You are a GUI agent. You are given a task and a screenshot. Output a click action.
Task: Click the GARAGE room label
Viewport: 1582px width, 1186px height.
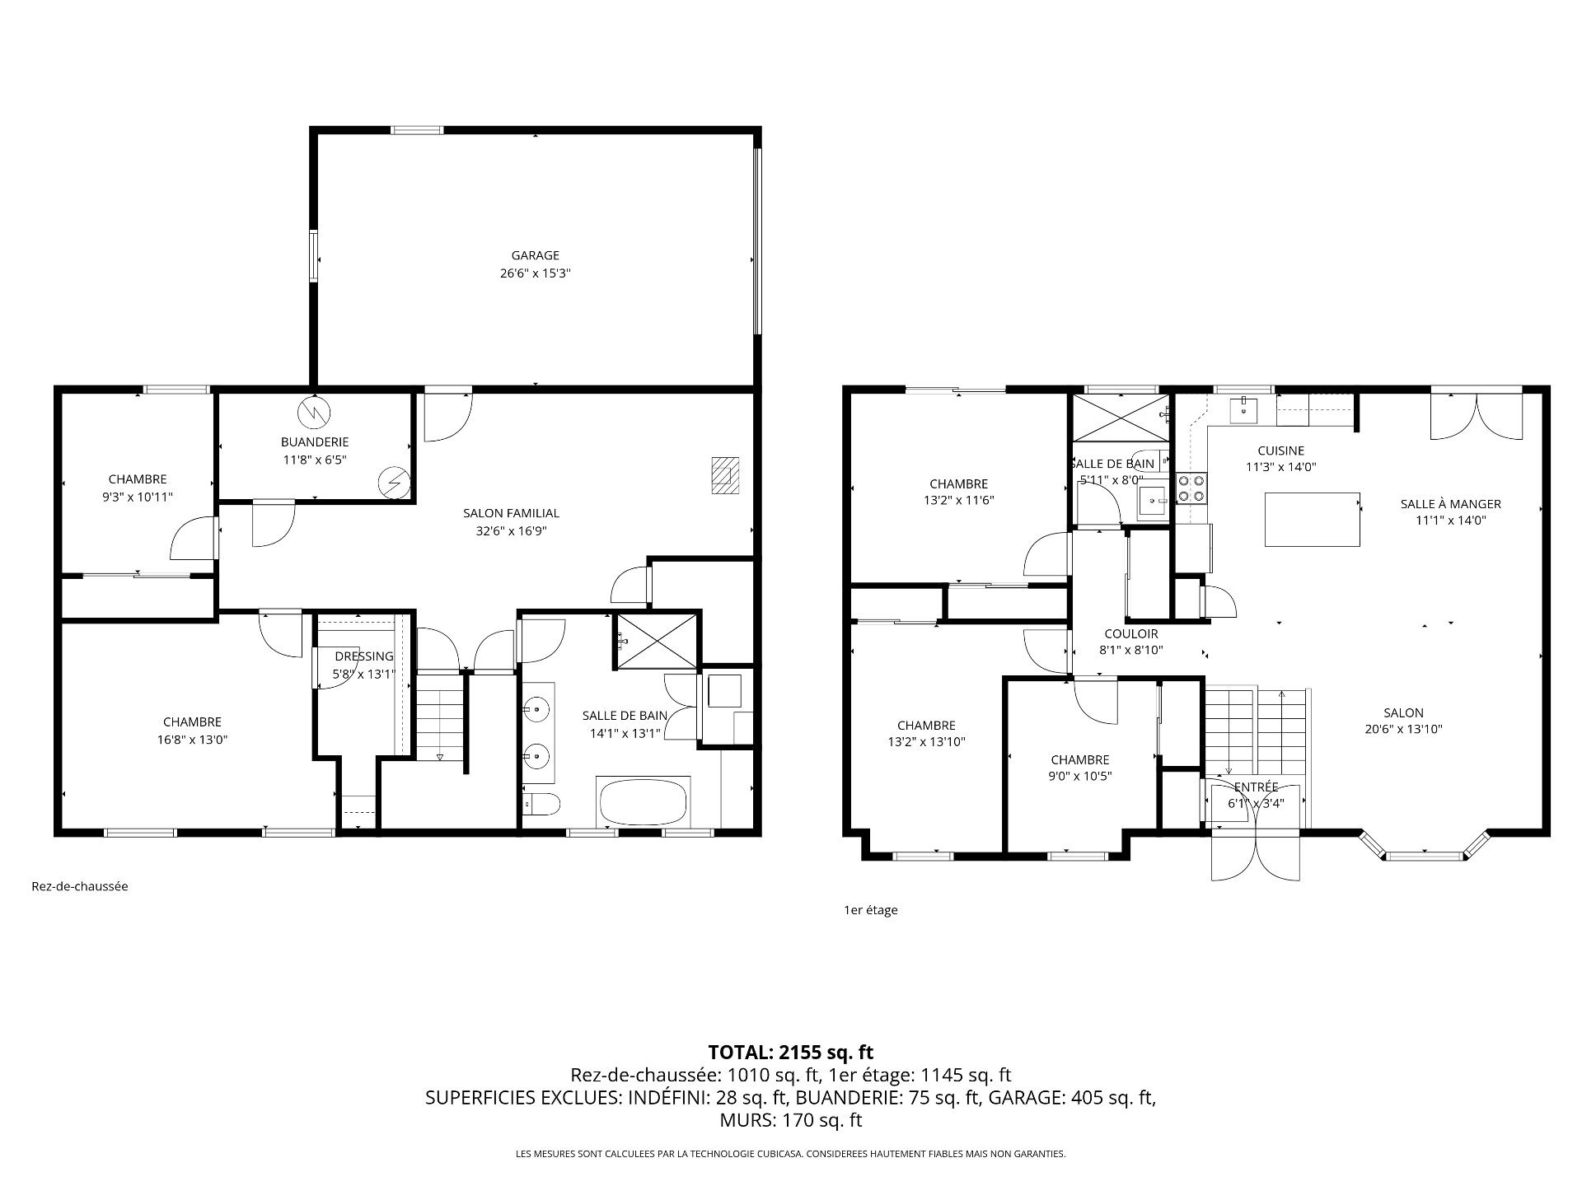535,255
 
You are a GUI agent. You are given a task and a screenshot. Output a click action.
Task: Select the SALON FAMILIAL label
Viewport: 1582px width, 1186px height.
511,513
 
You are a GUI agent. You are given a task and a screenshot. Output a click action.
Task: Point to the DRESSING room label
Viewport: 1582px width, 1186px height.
364,656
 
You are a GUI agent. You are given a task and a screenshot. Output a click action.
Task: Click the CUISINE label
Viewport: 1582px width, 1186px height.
1280,451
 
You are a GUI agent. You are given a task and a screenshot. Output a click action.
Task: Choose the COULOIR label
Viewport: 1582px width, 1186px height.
1131,633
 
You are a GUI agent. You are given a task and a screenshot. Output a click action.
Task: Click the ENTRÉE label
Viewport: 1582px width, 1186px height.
1256,787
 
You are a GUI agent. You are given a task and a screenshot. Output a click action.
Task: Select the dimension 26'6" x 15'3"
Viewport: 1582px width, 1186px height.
535,273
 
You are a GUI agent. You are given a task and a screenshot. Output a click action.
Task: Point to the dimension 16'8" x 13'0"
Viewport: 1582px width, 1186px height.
192,740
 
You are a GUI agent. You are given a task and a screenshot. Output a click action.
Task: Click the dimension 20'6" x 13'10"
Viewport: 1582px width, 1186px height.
1403,729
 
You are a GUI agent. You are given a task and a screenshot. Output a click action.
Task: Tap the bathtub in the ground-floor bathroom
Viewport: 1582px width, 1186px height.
643,801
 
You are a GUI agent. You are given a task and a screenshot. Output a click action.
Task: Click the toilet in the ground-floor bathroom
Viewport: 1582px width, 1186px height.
542,802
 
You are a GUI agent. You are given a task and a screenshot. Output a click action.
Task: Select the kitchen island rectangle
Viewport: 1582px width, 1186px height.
1312,519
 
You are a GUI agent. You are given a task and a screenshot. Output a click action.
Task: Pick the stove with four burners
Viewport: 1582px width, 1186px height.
1191,488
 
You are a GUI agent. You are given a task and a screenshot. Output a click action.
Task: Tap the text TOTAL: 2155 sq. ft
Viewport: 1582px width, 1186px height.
790,1052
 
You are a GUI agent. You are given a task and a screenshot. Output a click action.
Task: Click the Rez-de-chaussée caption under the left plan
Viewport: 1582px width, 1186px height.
80,887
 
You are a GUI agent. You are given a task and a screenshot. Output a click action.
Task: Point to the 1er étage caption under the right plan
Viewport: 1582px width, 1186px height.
870,910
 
